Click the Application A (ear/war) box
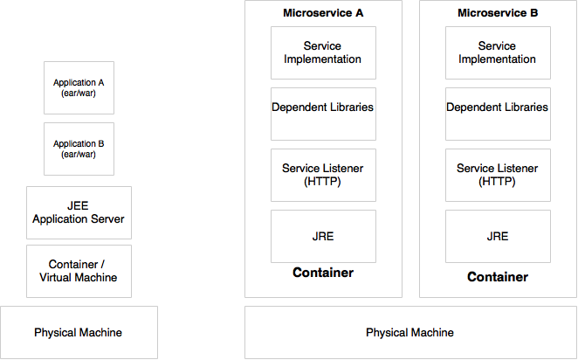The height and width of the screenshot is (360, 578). click(79, 87)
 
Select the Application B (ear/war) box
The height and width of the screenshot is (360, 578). click(79, 149)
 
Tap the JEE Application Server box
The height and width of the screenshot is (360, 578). click(79, 212)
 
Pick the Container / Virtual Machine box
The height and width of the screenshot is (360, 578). click(79, 271)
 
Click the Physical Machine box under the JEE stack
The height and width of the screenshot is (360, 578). click(79, 332)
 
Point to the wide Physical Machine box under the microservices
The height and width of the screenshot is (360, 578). click(410, 332)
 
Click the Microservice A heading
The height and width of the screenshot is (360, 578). click(323, 13)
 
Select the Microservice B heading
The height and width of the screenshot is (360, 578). click(498, 13)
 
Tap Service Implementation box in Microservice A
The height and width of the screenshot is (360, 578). click(323, 52)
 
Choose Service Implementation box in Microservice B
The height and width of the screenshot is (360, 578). click(498, 52)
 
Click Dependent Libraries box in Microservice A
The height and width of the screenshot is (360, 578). click(323, 114)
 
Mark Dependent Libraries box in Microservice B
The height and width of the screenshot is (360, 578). click(498, 114)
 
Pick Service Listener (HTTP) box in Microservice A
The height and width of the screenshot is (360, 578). click(323, 176)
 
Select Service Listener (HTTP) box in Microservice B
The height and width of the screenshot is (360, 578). click(498, 176)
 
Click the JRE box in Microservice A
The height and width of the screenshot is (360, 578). click(323, 237)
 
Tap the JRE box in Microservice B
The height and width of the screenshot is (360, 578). click(498, 237)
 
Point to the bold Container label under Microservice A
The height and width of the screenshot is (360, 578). click(323, 273)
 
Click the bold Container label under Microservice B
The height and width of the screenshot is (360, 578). click(498, 277)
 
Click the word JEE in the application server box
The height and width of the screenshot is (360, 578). click(78, 206)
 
